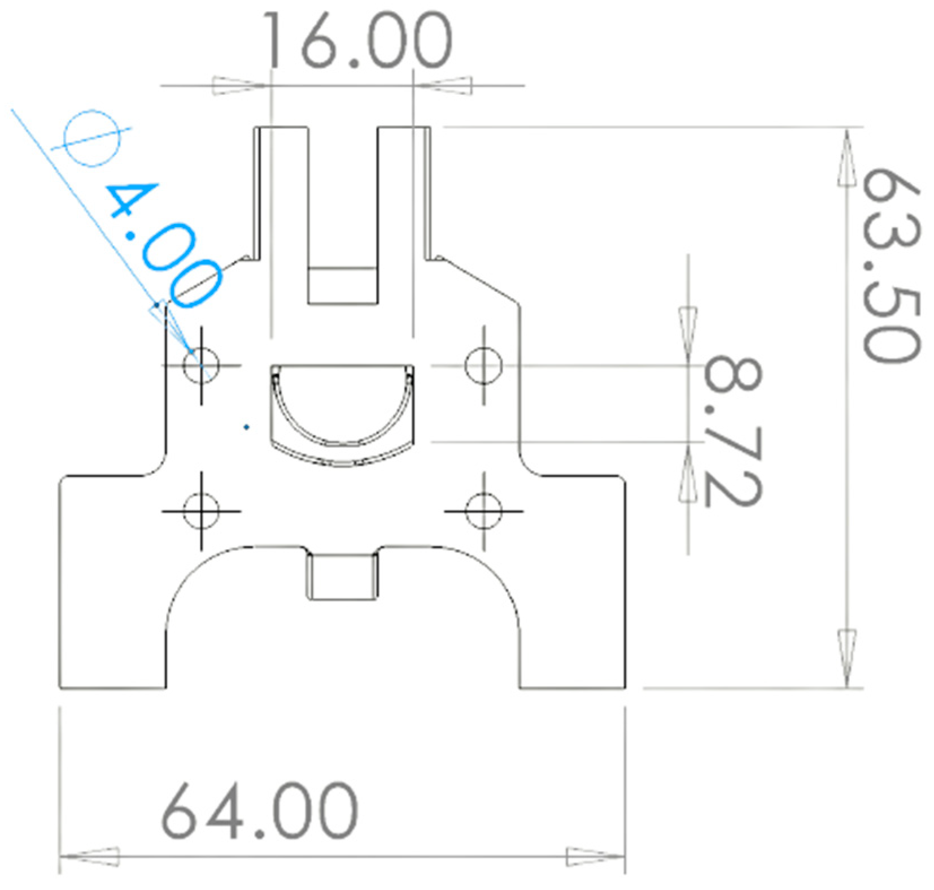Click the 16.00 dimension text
[358, 40]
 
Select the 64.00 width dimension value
[260, 810]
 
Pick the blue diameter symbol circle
[93, 138]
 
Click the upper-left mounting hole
[201, 365]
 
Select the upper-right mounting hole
[483, 365]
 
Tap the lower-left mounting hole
[201, 511]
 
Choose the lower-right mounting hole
[483, 511]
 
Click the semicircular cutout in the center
[342, 404]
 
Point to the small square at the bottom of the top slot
[342, 285]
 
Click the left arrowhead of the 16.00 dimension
[237, 86]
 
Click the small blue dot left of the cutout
[246, 427]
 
